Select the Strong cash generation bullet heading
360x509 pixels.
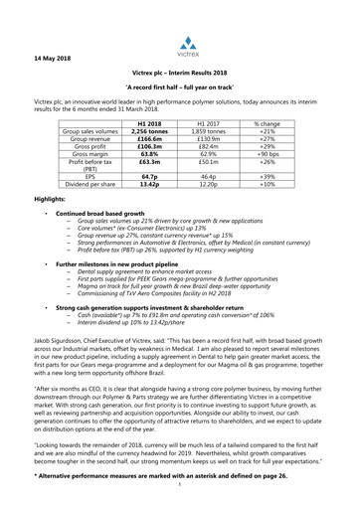click(149, 363)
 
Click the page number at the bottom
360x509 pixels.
click(180, 502)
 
